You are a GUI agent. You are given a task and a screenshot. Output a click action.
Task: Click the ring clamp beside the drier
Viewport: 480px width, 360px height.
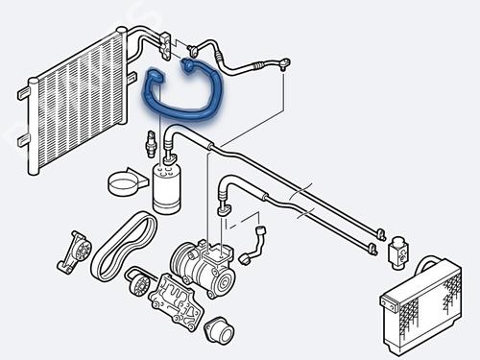tap(123, 182)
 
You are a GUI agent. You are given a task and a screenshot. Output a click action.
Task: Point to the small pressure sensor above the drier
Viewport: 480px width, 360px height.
tap(149, 145)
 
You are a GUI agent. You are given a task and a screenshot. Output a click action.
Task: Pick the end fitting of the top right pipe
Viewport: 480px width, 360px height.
tap(285, 64)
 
